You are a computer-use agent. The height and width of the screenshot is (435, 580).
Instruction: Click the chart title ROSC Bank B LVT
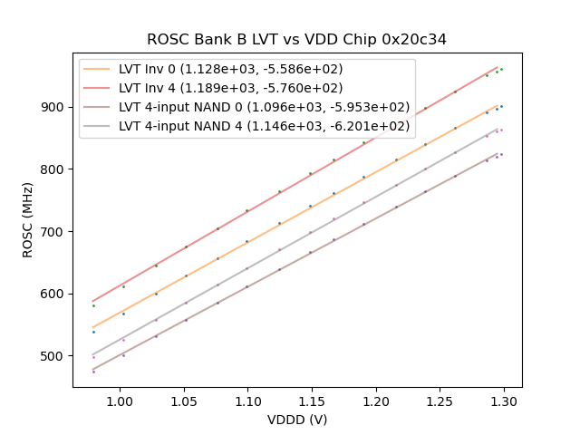pos(296,40)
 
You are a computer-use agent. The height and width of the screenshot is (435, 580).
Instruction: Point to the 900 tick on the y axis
pos(54,107)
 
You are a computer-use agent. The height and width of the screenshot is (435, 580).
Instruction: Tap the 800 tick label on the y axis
pos(54,169)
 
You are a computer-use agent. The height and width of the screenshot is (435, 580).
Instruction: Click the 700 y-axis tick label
pos(54,231)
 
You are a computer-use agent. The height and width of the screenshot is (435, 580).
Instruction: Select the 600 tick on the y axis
pos(54,294)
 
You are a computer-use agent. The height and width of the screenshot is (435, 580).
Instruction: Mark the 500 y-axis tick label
pos(54,356)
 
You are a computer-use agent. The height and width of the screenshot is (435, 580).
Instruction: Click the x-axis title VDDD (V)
pos(296,420)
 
